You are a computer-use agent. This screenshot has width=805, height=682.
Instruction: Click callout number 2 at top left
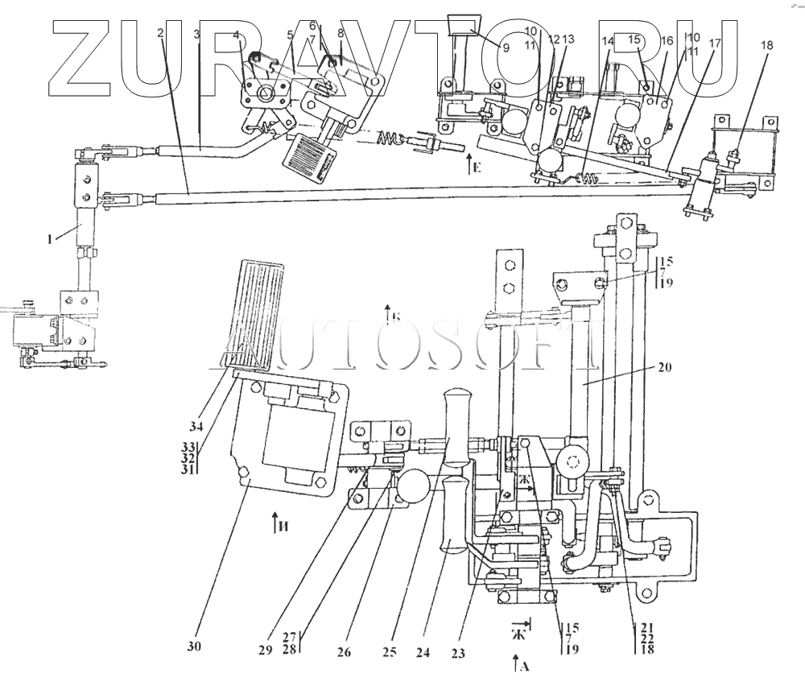[162, 33]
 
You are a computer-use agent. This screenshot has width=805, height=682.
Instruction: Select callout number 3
[197, 33]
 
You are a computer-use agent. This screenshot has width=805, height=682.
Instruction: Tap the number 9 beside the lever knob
[506, 48]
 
